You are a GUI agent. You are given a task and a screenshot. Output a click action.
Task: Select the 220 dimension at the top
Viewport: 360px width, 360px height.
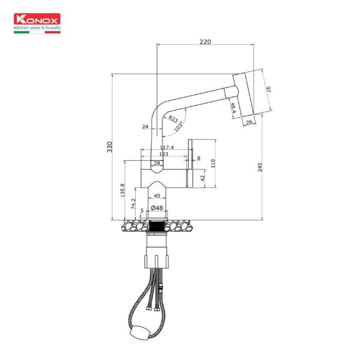pyautogui.click(x=206, y=43)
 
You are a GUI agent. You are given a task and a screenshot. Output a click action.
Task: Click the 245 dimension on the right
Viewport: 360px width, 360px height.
pyautogui.click(x=260, y=167)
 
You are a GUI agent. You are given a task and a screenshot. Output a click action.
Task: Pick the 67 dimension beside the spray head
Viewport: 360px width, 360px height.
pyautogui.click(x=269, y=89)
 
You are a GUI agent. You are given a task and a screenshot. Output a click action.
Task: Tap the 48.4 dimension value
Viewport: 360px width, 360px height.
pyautogui.click(x=232, y=108)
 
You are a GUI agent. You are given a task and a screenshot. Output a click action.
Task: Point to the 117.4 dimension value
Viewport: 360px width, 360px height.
pyautogui.click(x=167, y=148)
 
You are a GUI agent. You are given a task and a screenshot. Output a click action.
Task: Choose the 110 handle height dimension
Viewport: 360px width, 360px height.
pyautogui.click(x=213, y=163)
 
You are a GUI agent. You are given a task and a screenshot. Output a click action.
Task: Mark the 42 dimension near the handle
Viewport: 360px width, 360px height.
pyautogui.click(x=203, y=178)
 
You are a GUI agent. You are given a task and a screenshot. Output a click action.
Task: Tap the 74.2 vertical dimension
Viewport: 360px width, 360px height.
pyautogui.click(x=133, y=203)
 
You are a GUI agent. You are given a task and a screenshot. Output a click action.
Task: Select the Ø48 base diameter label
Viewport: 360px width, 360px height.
pyautogui.click(x=157, y=208)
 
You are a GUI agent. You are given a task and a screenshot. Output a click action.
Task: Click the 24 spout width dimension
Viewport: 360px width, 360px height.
pyautogui.click(x=145, y=127)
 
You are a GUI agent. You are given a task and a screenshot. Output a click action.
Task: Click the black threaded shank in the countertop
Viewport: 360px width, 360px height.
pyautogui.click(x=157, y=227)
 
